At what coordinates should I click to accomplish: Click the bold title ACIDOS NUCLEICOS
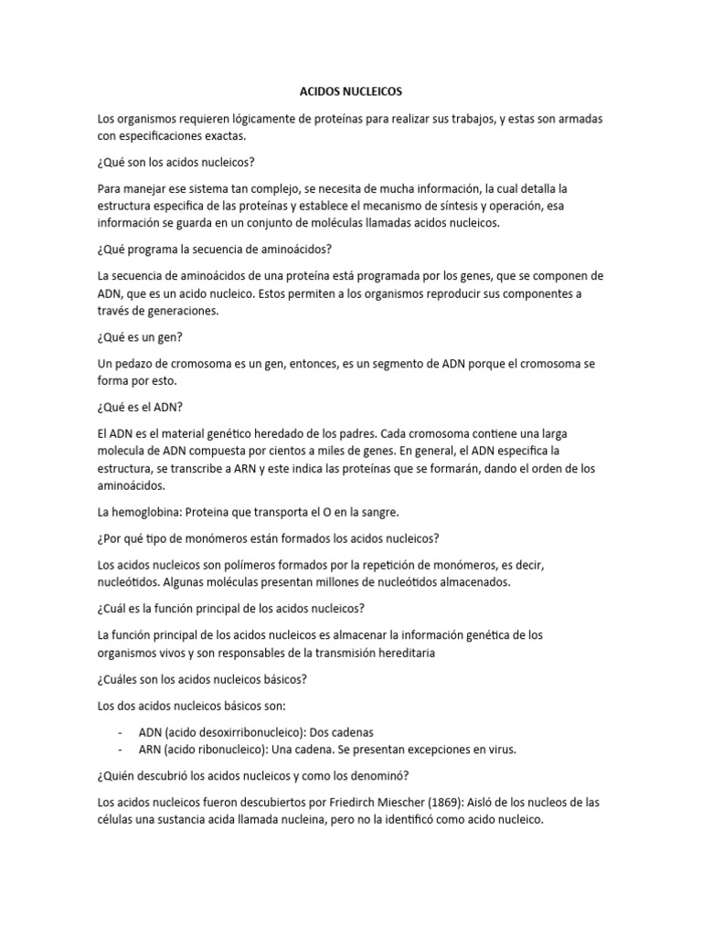[351, 92]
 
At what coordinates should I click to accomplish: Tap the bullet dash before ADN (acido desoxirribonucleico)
[121, 732]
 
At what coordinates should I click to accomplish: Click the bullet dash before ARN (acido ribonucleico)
[121, 750]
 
